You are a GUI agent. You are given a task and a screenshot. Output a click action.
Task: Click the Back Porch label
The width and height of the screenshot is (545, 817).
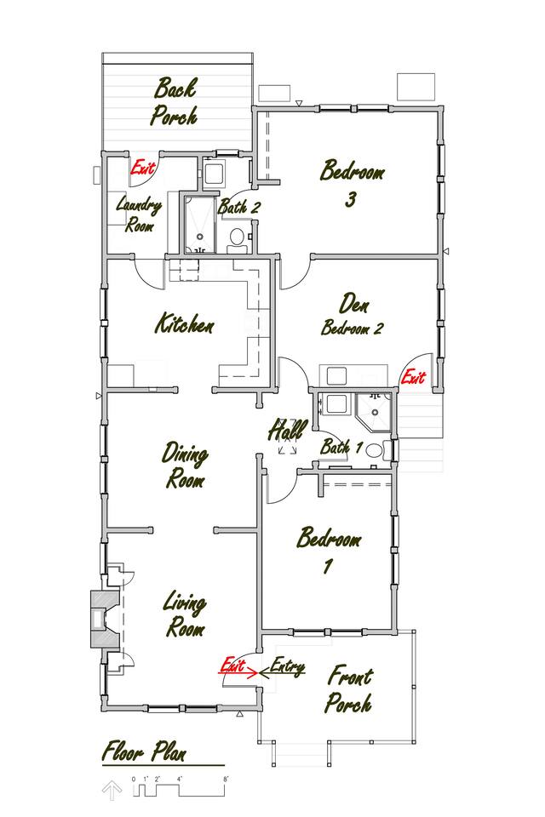pyautogui.click(x=175, y=102)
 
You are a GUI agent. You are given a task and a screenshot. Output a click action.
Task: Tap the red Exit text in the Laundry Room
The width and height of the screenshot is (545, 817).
pyautogui.click(x=143, y=168)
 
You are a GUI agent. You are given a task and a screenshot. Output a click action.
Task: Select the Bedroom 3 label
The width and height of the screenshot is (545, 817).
pyautogui.click(x=352, y=184)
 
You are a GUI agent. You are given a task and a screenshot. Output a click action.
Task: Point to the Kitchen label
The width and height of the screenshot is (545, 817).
pyautogui.click(x=185, y=323)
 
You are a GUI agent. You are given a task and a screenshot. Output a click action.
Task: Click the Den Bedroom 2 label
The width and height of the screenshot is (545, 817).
pyautogui.click(x=353, y=314)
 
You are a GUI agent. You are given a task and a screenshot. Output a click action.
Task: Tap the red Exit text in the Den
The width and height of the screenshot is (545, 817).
pyautogui.click(x=413, y=376)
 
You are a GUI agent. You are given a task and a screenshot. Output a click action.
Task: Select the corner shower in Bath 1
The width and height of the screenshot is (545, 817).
pyautogui.click(x=374, y=412)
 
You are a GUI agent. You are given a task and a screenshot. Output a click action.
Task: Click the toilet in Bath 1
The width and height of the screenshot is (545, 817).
pyautogui.click(x=375, y=449)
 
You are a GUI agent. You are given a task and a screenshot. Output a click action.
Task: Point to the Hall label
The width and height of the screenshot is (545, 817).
pyautogui.click(x=287, y=430)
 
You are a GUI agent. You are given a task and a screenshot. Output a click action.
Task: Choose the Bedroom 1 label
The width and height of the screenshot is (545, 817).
pyautogui.click(x=329, y=550)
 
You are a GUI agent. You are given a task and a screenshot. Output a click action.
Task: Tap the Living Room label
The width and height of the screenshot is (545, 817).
pyautogui.click(x=185, y=614)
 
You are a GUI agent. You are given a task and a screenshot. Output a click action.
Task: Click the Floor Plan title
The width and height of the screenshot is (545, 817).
pyautogui.click(x=144, y=751)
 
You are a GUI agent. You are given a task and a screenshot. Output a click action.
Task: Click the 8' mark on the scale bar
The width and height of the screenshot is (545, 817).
pyautogui.click(x=226, y=779)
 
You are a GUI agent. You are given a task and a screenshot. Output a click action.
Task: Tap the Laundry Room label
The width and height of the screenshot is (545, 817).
pyautogui.click(x=139, y=214)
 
